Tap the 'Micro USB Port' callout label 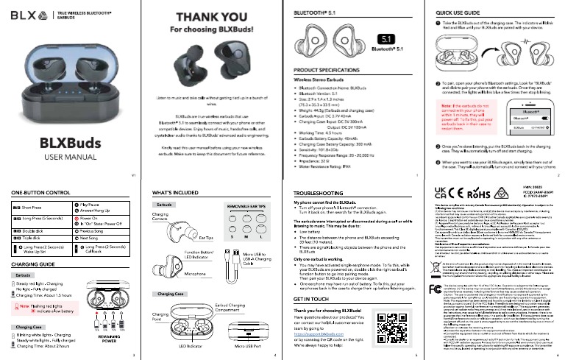pos(246,345)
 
